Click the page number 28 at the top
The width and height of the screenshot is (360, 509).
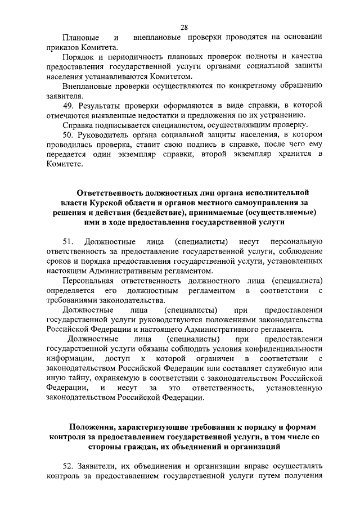coord(184,27)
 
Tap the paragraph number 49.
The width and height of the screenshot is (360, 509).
coord(67,105)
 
